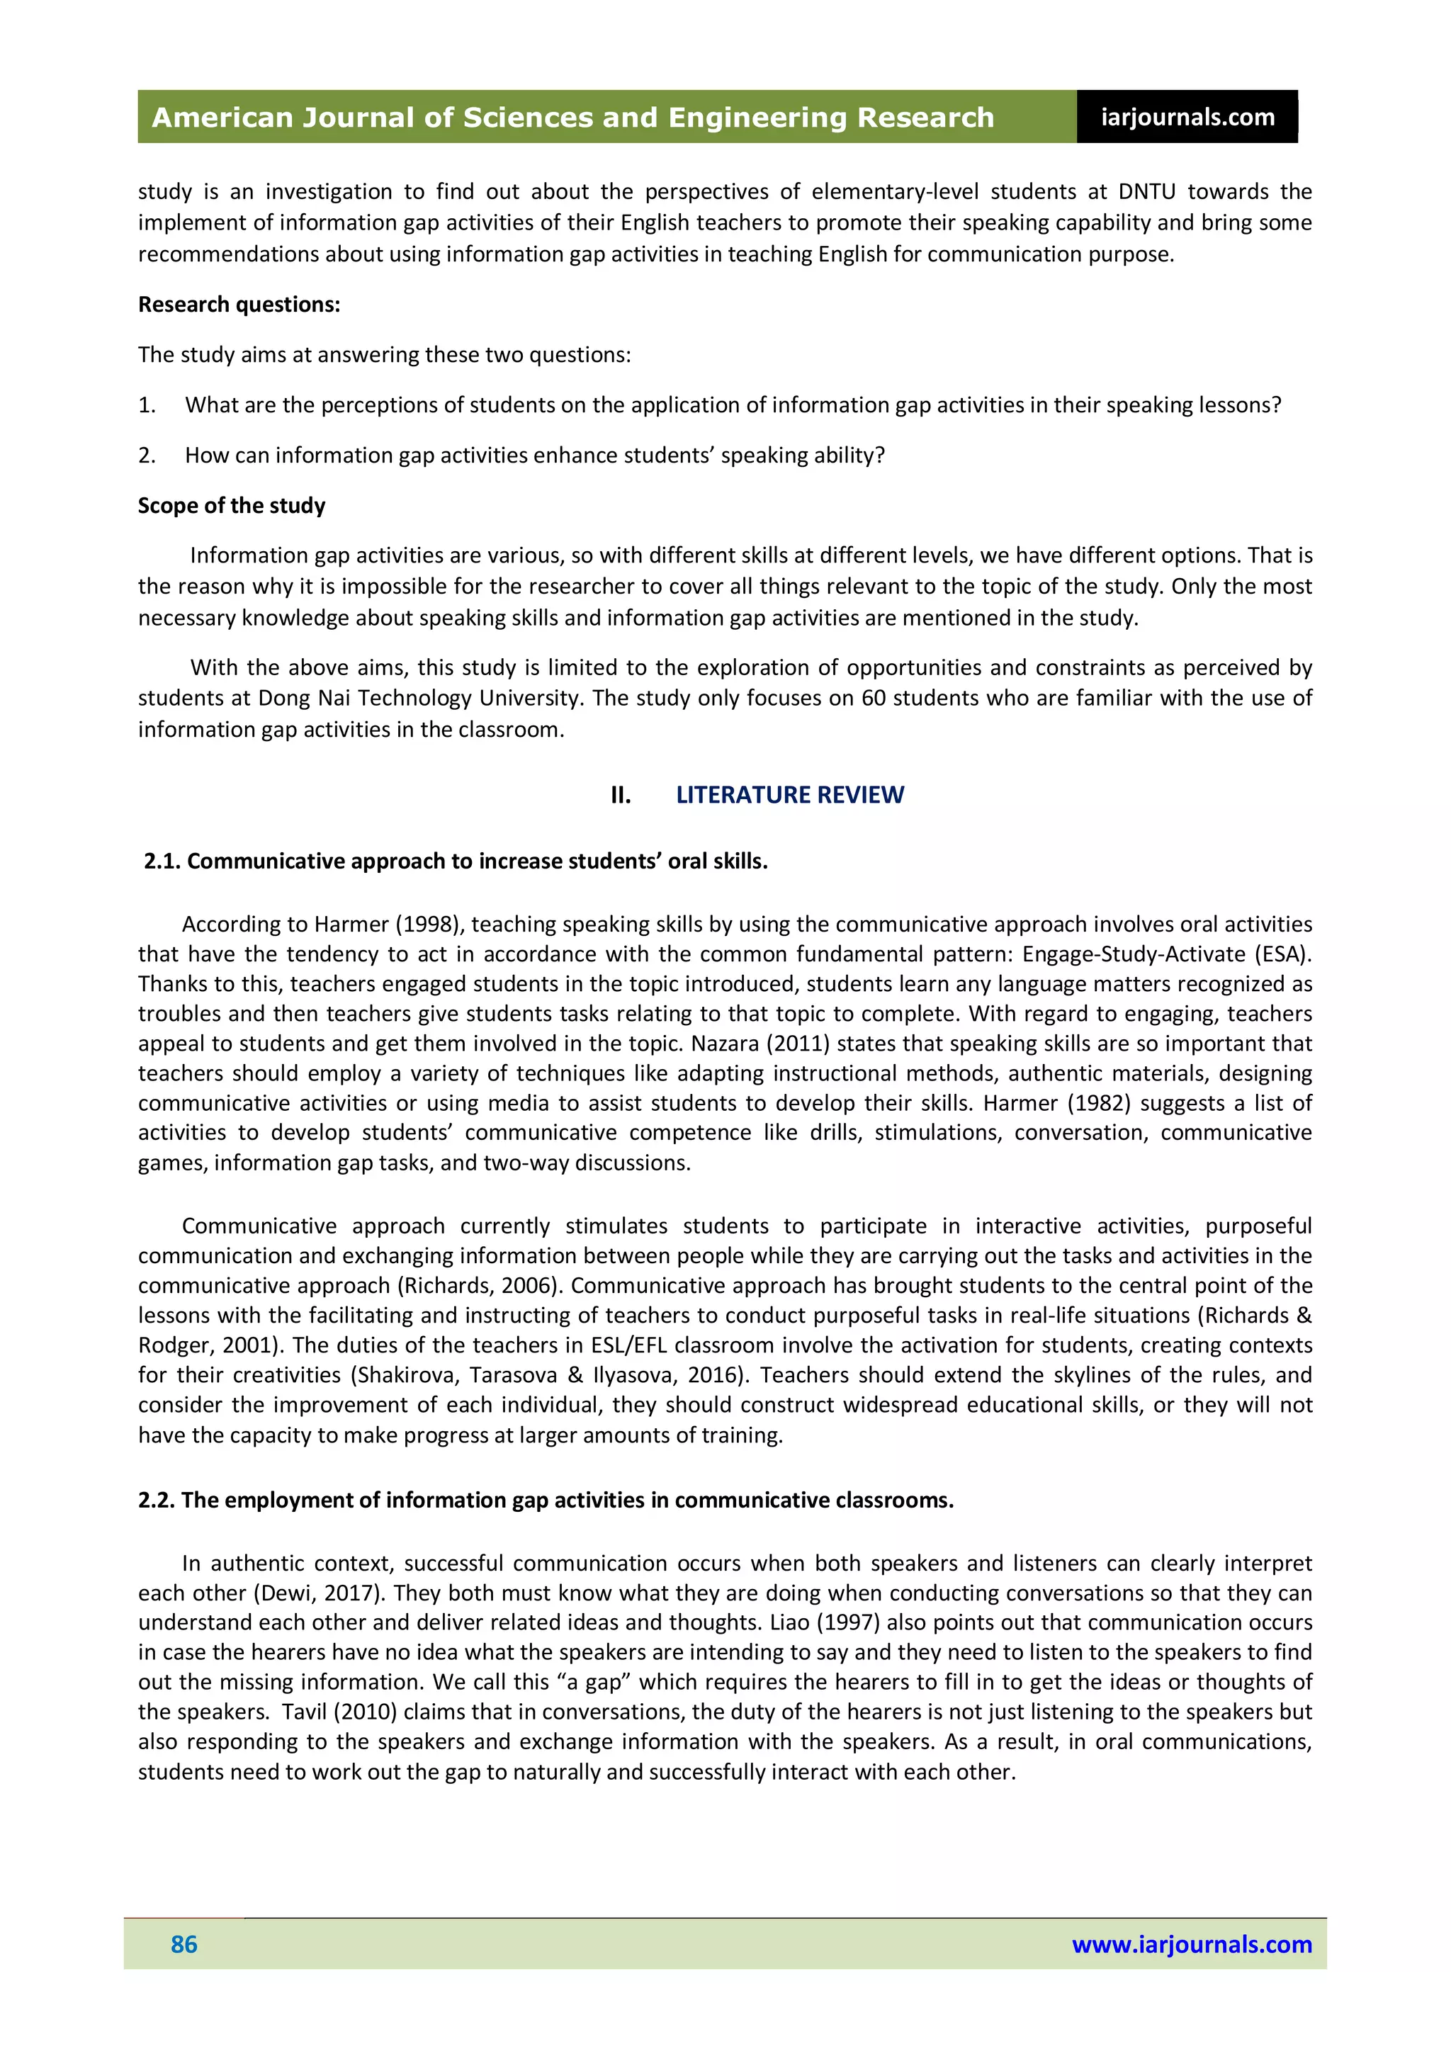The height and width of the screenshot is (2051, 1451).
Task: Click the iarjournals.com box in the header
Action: click(1187, 117)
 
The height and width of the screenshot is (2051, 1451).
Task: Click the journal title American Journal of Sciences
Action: click(572, 117)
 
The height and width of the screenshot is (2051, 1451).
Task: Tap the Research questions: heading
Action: click(239, 305)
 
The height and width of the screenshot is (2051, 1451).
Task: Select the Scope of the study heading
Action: click(232, 506)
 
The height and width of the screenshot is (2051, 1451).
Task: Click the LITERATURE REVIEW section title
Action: click(789, 794)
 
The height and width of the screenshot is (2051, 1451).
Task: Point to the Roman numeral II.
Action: click(620, 794)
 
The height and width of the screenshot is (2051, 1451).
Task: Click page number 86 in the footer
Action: click(184, 1944)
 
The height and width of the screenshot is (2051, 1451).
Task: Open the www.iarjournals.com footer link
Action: click(1191, 1944)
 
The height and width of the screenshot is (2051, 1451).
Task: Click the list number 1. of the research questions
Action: click(147, 405)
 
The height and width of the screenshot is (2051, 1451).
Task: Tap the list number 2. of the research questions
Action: click(147, 456)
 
